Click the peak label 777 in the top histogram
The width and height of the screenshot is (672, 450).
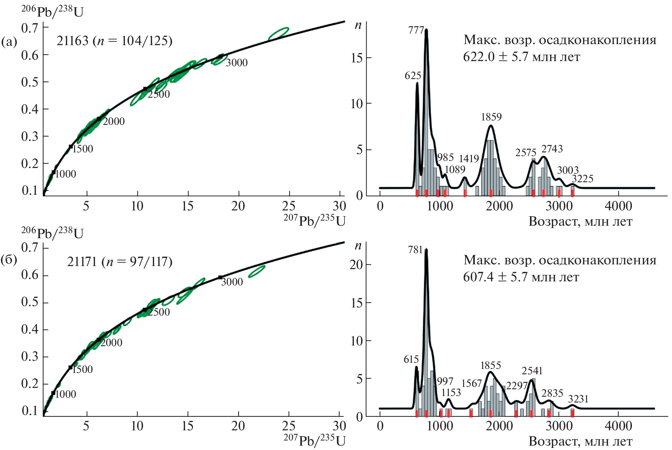(x=416, y=31)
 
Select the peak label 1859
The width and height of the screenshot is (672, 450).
(x=491, y=117)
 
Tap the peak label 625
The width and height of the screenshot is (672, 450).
(x=412, y=76)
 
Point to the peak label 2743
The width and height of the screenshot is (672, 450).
(x=552, y=149)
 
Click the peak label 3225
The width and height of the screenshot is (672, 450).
(x=582, y=179)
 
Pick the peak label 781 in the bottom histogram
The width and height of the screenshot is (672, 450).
(x=415, y=250)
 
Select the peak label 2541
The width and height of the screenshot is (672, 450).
(x=532, y=371)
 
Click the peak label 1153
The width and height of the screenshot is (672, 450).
(x=451, y=393)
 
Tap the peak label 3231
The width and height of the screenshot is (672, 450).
(x=578, y=399)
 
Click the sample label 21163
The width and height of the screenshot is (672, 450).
(x=72, y=41)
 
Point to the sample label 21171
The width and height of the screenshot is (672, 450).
(x=82, y=262)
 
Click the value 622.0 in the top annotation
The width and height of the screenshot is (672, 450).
(x=479, y=57)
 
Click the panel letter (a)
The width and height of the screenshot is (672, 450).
(x=9, y=42)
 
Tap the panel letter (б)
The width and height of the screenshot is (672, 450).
(x=9, y=260)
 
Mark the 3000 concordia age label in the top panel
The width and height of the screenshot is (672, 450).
(x=236, y=63)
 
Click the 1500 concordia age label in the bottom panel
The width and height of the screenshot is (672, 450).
(x=82, y=370)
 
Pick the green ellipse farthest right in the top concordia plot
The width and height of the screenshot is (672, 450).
(x=279, y=34)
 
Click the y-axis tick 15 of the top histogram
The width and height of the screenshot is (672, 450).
(x=357, y=58)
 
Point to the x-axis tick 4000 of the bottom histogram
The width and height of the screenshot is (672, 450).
(x=618, y=426)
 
